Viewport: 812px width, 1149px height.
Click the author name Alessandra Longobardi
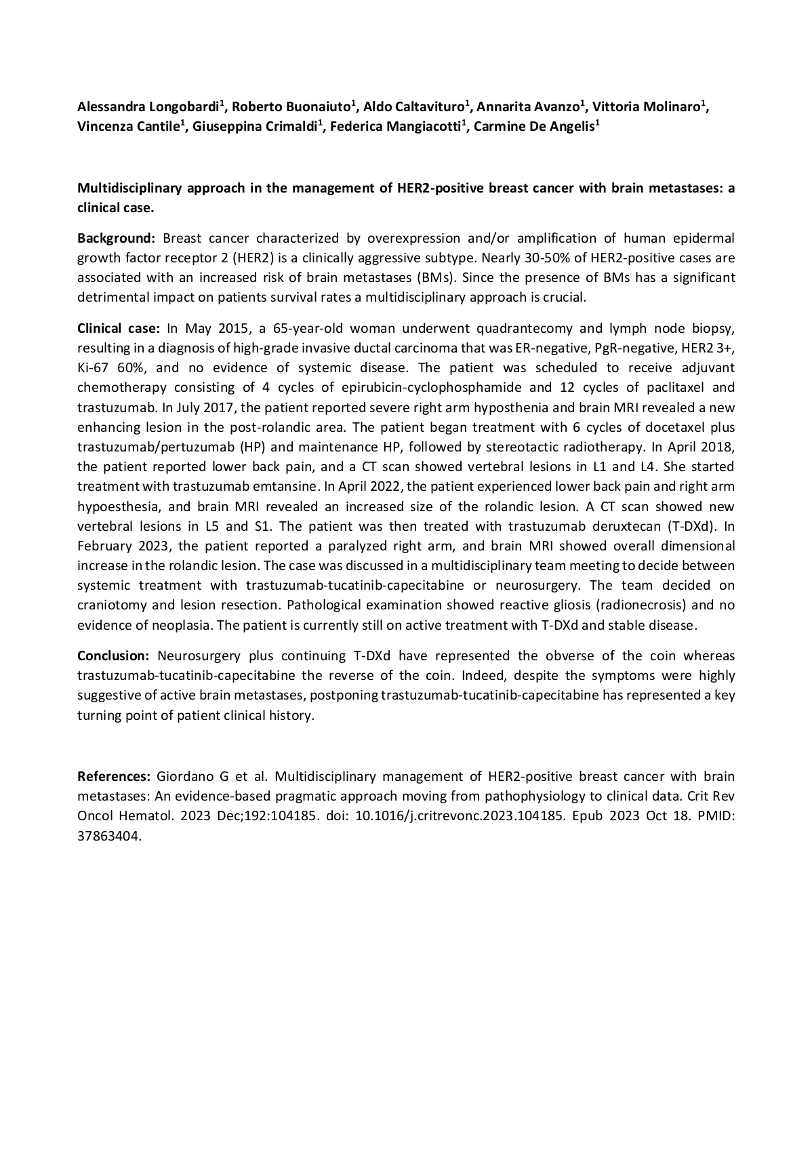tap(148, 106)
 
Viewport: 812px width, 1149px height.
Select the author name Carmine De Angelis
tap(533, 127)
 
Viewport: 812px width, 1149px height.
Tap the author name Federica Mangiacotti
tap(395, 127)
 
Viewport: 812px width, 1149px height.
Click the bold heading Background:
tap(117, 238)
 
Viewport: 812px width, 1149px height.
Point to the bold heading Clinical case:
tap(118, 329)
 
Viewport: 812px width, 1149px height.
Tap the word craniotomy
tap(113, 605)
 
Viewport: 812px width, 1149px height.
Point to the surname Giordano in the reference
tap(185, 776)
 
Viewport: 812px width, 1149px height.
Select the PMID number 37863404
tap(108, 836)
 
